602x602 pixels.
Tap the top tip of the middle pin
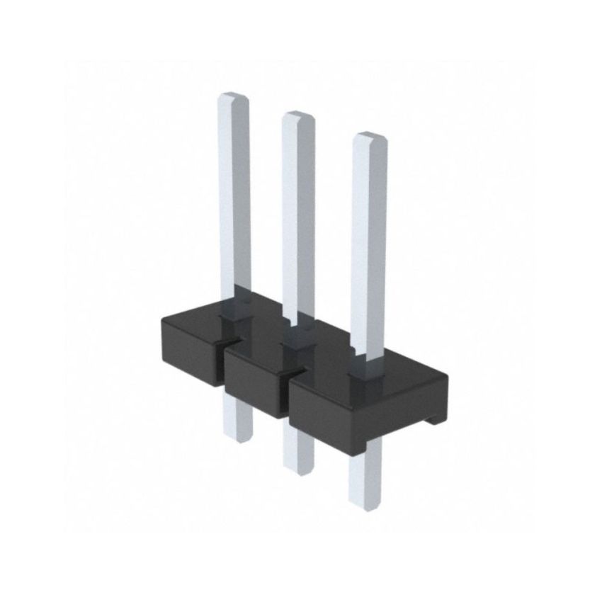297,115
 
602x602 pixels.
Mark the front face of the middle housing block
255,386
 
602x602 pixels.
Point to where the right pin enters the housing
367,368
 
